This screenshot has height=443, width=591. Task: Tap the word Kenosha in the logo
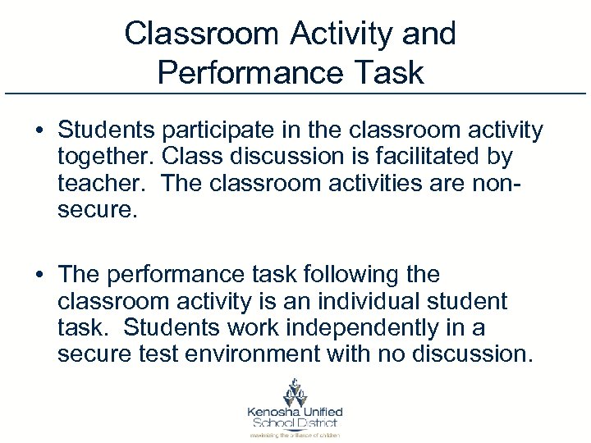[x=273, y=411]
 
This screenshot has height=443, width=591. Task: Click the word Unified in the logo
[x=321, y=411]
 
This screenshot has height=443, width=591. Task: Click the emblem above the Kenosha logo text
[x=295, y=390]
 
